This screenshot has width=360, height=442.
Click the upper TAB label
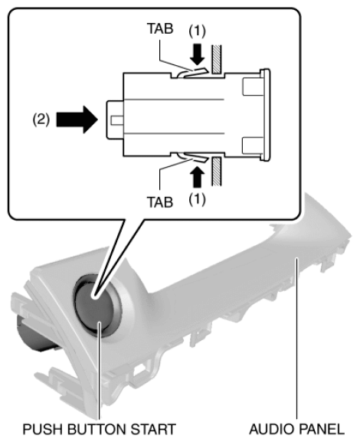tap(160, 28)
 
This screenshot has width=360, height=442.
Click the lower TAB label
tap(160, 202)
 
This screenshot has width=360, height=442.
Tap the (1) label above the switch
tap(197, 31)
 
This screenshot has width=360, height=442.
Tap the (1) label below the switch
tap(197, 199)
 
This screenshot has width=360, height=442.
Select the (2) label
tap(41, 120)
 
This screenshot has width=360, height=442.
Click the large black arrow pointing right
tap(77, 120)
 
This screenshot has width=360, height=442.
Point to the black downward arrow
tap(198, 54)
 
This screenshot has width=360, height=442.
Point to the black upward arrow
tap(198, 177)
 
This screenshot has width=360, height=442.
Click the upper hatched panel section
tap(217, 60)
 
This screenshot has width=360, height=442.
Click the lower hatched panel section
tap(217, 171)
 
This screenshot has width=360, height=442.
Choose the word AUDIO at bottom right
tap(271, 429)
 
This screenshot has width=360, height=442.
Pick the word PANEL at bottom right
tap(321, 429)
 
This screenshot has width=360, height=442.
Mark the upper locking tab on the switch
tap(192, 72)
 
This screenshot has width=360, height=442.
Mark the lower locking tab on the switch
tap(192, 157)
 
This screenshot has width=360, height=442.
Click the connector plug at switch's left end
tap(115, 120)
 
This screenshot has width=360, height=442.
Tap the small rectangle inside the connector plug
tap(117, 120)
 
